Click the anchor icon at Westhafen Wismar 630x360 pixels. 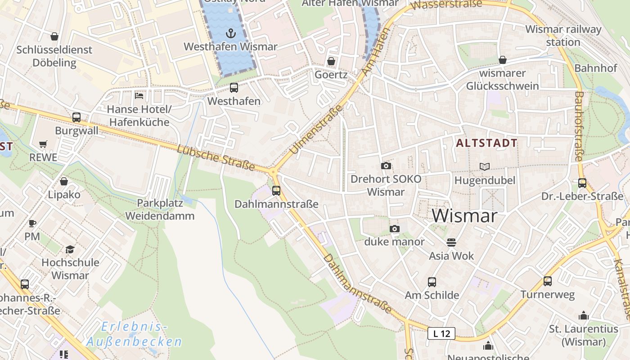tap(230, 33)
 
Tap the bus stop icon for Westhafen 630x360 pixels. tap(234, 88)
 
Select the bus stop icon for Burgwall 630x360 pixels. tap(76, 117)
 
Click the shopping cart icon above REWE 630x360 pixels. tap(43, 144)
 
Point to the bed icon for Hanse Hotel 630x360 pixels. tap(139, 96)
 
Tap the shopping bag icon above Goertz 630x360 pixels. tap(331, 61)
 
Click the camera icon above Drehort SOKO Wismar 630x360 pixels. tap(386, 166)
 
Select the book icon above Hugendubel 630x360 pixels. tap(484, 166)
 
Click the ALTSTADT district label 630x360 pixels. tap(486, 143)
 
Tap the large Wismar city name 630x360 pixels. tap(464, 216)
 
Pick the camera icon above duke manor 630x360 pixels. tap(395, 229)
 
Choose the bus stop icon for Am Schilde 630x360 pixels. tap(432, 282)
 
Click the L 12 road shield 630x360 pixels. tap(441, 333)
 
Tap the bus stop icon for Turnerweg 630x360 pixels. tap(548, 281)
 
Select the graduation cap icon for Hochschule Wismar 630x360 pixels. tap(70, 249)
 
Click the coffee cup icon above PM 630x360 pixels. tap(32, 223)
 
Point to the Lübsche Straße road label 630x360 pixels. tap(216, 158)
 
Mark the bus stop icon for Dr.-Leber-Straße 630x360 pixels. tap(582, 183)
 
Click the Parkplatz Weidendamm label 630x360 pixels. tap(160, 209)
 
